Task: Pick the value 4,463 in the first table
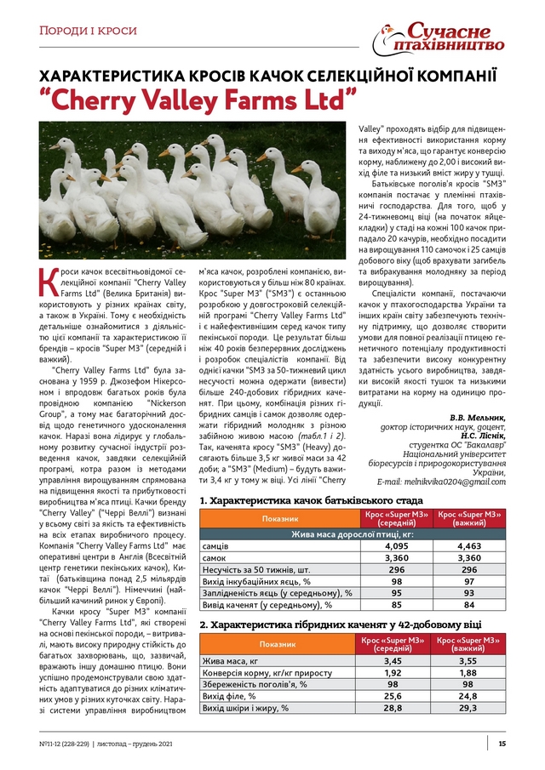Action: pyautogui.click(x=470, y=545)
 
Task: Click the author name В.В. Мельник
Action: pyautogui.click(x=477, y=418)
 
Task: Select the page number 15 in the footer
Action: pyautogui.click(x=502, y=744)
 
